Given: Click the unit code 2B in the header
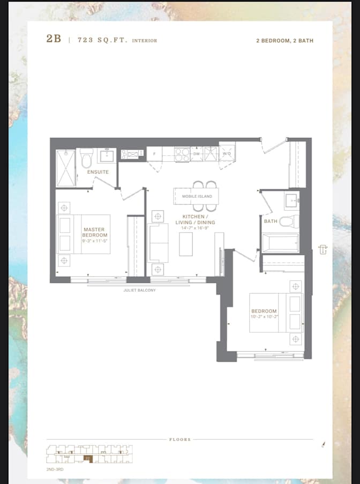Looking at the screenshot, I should click(x=54, y=40).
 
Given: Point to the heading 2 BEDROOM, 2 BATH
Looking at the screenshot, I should click(x=284, y=41).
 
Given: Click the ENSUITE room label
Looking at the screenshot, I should click(x=98, y=172).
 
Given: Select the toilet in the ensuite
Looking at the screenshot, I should click(x=87, y=158).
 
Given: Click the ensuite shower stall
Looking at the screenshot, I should click(x=65, y=167).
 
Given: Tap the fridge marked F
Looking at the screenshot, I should click(x=155, y=154).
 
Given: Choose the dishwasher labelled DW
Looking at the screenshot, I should click(x=197, y=153).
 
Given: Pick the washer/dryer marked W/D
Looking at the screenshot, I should click(x=227, y=153).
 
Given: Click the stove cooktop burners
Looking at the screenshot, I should click(x=182, y=154).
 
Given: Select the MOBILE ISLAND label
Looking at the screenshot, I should click(x=197, y=196).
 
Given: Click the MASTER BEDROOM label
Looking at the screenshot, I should click(x=94, y=232).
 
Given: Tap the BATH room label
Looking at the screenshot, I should click(x=271, y=221).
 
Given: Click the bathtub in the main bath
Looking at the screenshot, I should click(x=280, y=242).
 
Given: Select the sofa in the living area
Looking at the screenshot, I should click(x=158, y=243).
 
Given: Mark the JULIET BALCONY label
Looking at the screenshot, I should click(x=139, y=290).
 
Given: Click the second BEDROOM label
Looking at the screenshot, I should click(x=264, y=311).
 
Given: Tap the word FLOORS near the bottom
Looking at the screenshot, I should click(x=180, y=440).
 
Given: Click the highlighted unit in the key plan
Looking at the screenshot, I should click(x=88, y=458).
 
